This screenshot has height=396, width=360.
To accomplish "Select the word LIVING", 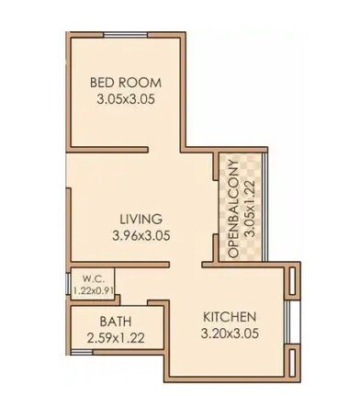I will click(141, 219).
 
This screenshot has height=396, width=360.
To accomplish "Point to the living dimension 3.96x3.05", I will click(141, 235).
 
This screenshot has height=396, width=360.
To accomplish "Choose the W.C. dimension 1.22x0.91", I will click(93, 292).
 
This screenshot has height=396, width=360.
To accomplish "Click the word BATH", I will click(116, 321).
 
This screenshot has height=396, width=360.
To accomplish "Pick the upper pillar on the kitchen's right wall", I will click(292, 279).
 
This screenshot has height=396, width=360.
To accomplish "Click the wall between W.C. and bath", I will click(101, 303).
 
